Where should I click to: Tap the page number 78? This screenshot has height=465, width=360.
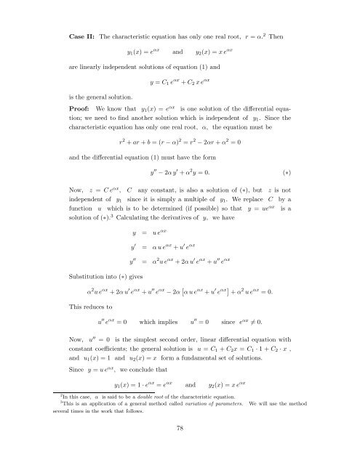point(180,448)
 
